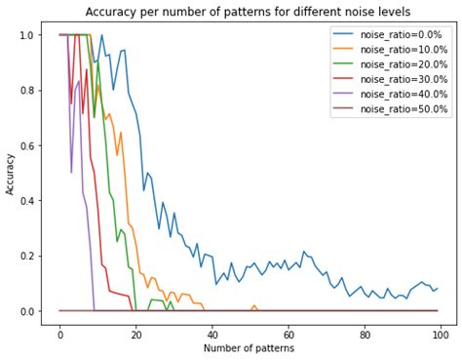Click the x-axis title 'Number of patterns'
click(249, 348)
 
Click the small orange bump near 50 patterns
click(253, 306)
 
